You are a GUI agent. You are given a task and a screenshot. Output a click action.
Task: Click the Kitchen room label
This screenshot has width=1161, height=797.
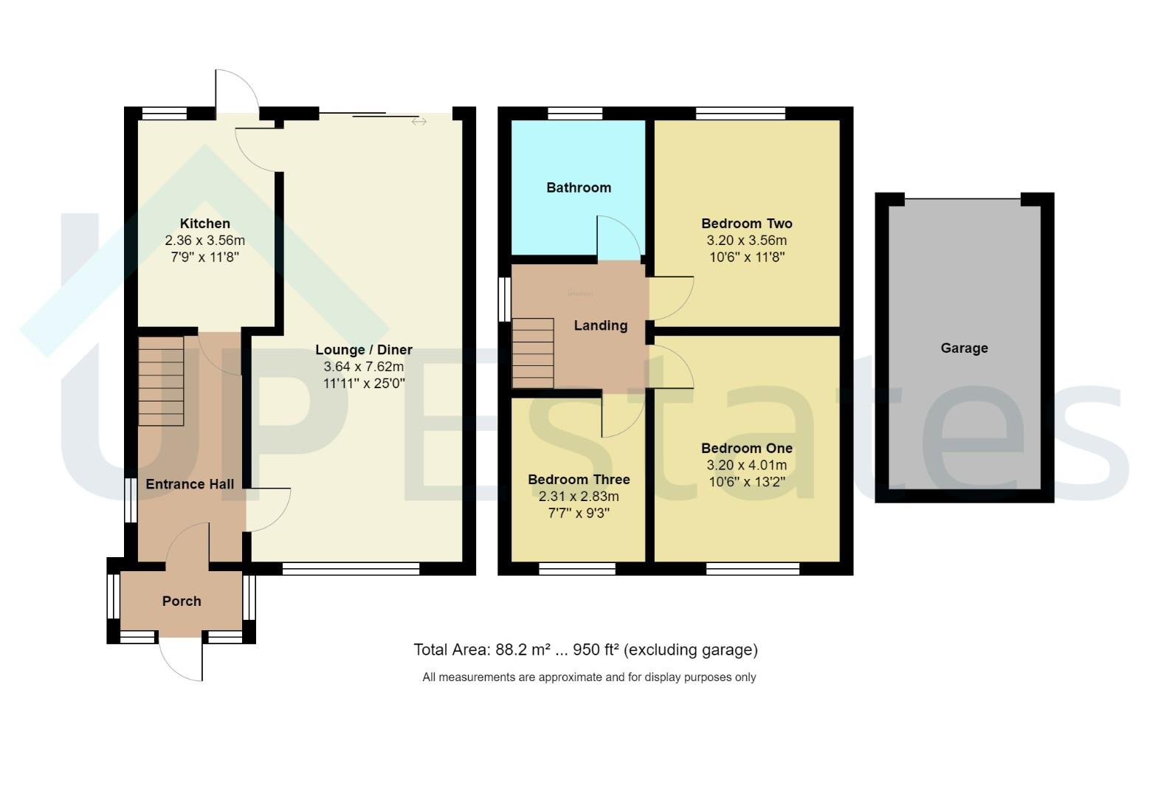(204, 224)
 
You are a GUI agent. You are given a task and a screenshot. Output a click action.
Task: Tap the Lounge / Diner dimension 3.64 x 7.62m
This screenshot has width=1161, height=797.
(363, 367)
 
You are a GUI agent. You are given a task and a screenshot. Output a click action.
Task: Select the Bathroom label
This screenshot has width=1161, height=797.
(579, 187)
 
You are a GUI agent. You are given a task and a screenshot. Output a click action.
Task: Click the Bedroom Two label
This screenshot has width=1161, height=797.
(746, 224)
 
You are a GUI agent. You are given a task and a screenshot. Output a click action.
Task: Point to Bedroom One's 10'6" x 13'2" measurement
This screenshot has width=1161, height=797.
(746, 483)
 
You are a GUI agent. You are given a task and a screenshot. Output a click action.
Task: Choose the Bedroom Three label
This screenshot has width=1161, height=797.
(579, 480)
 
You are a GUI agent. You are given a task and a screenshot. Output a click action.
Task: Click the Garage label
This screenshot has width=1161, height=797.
(964, 348)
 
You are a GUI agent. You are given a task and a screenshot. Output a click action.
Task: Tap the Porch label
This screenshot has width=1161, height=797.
(182, 601)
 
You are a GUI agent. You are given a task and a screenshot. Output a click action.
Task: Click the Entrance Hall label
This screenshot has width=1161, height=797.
(190, 484)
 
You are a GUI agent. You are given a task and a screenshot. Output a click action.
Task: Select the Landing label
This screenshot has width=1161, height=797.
(601, 325)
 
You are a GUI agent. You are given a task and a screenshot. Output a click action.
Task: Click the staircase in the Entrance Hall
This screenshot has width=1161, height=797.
(161, 381)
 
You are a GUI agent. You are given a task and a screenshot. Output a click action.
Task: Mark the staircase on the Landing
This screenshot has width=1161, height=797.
(533, 353)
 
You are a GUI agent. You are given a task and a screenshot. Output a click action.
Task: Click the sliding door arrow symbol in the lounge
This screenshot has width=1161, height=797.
(419, 122)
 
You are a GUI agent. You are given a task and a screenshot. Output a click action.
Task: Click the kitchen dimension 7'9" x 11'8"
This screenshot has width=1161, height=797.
(204, 258)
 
